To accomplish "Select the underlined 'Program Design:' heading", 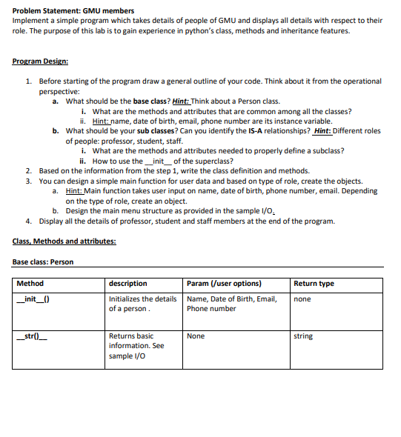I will (41, 61).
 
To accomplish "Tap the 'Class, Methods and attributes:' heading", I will (64, 241).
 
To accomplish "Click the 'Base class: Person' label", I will (43, 261).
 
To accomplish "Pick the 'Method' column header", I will (30, 284).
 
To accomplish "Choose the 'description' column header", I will (127, 284).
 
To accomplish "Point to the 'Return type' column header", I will (314, 284).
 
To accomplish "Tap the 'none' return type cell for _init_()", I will (302, 299).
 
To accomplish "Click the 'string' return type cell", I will (303, 336).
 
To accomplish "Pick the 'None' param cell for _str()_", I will (196, 336).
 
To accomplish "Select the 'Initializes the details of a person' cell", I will (142, 304).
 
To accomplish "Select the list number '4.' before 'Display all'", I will (28, 221).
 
